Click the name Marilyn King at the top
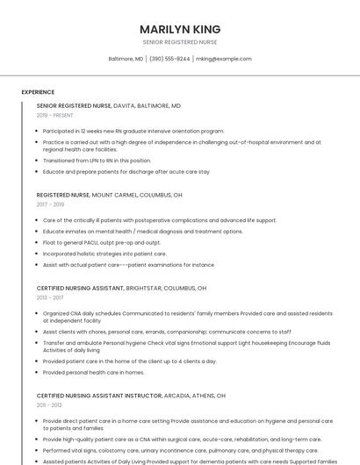coord(180,29)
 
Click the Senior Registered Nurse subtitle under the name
coord(180,42)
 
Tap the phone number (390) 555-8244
coord(169,59)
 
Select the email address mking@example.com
coord(223,59)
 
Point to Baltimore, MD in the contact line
coord(126,59)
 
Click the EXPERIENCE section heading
coord(38,92)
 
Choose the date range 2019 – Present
coord(54,115)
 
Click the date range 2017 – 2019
coord(50,204)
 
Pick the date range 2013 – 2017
coord(50,297)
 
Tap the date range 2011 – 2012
coord(49,405)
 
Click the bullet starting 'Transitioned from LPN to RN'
coord(97,161)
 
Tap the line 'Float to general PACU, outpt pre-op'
coord(101,242)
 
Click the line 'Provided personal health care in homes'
coord(93,372)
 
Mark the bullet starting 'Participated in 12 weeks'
coord(133,131)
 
